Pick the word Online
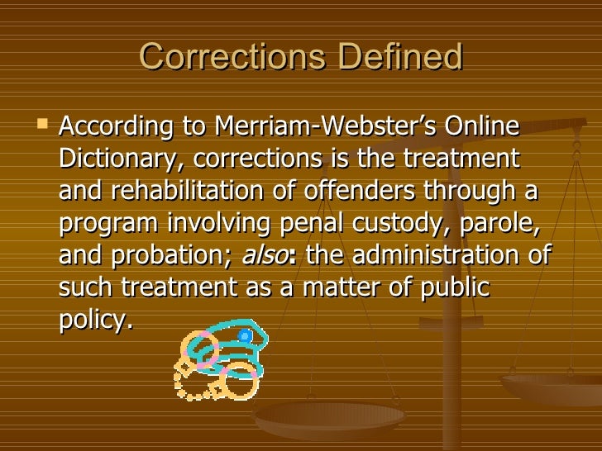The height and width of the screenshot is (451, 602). [481, 129]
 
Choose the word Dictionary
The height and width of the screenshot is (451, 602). [119, 160]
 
